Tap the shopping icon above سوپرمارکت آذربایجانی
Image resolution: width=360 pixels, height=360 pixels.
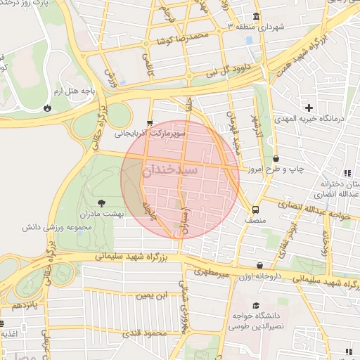(x=150, y=122)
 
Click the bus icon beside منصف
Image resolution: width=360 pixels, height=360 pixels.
(x=255, y=209)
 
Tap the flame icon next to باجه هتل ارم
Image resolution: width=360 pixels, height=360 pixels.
(x=47, y=108)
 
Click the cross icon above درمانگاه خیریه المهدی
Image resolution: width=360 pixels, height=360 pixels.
(x=308, y=108)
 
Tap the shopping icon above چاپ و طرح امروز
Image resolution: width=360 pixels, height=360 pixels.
(x=276, y=159)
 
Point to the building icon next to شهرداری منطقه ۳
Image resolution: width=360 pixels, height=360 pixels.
(x=255, y=15)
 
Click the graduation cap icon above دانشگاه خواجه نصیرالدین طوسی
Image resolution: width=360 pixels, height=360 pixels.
(x=256, y=305)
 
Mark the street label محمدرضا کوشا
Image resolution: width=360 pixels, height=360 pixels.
(x=185, y=34)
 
